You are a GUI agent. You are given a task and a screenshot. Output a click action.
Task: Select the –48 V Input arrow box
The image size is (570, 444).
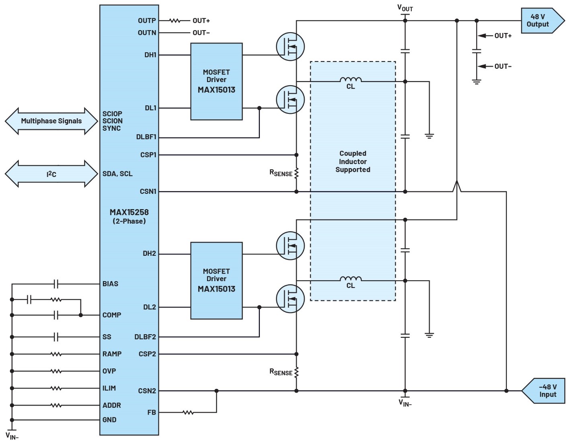pyautogui.click(x=545, y=391)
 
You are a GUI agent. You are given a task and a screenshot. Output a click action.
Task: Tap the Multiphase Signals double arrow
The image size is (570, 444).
pyautogui.click(x=51, y=121)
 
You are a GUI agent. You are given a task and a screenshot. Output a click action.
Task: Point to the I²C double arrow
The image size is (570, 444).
pyautogui.click(x=51, y=174)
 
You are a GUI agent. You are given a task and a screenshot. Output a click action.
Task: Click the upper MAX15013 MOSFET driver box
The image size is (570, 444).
pyautogui.click(x=216, y=81)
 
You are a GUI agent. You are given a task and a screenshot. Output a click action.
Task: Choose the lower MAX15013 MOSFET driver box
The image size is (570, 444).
pyautogui.click(x=216, y=280)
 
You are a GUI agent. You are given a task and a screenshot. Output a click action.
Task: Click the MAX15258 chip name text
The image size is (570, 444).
pyautogui.click(x=129, y=212)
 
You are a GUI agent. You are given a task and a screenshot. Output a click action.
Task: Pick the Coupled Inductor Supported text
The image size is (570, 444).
pyautogui.click(x=353, y=161)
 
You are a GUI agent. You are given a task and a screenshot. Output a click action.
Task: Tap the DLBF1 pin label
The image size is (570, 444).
pyautogui.click(x=146, y=137)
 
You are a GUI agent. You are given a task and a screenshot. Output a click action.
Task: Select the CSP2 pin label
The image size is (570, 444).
pyautogui.click(x=147, y=354)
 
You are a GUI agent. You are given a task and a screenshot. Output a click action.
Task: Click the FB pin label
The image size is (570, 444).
pyautogui.click(x=152, y=412)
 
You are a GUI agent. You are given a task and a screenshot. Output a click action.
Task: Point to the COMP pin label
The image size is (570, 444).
pyautogui.click(x=112, y=315)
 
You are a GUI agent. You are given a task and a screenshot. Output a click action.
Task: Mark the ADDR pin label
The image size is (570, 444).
pyautogui.click(x=112, y=405)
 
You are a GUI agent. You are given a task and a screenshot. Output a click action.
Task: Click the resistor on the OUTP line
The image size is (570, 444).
pyautogui.click(x=174, y=21)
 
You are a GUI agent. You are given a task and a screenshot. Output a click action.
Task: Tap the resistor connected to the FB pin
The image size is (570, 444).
pyautogui.click(x=188, y=412)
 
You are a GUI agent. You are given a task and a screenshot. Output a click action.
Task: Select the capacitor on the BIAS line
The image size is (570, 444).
pyautogui.click(x=56, y=284)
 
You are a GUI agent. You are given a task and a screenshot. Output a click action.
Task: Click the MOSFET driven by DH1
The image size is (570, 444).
pyautogui.click(x=290, y=47)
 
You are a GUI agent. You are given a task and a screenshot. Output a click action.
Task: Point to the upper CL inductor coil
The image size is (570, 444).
pyautogui.click(x=351, y=80)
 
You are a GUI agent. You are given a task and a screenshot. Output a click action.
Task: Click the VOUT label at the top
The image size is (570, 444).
pyautogui.click(x=405, y=8)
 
